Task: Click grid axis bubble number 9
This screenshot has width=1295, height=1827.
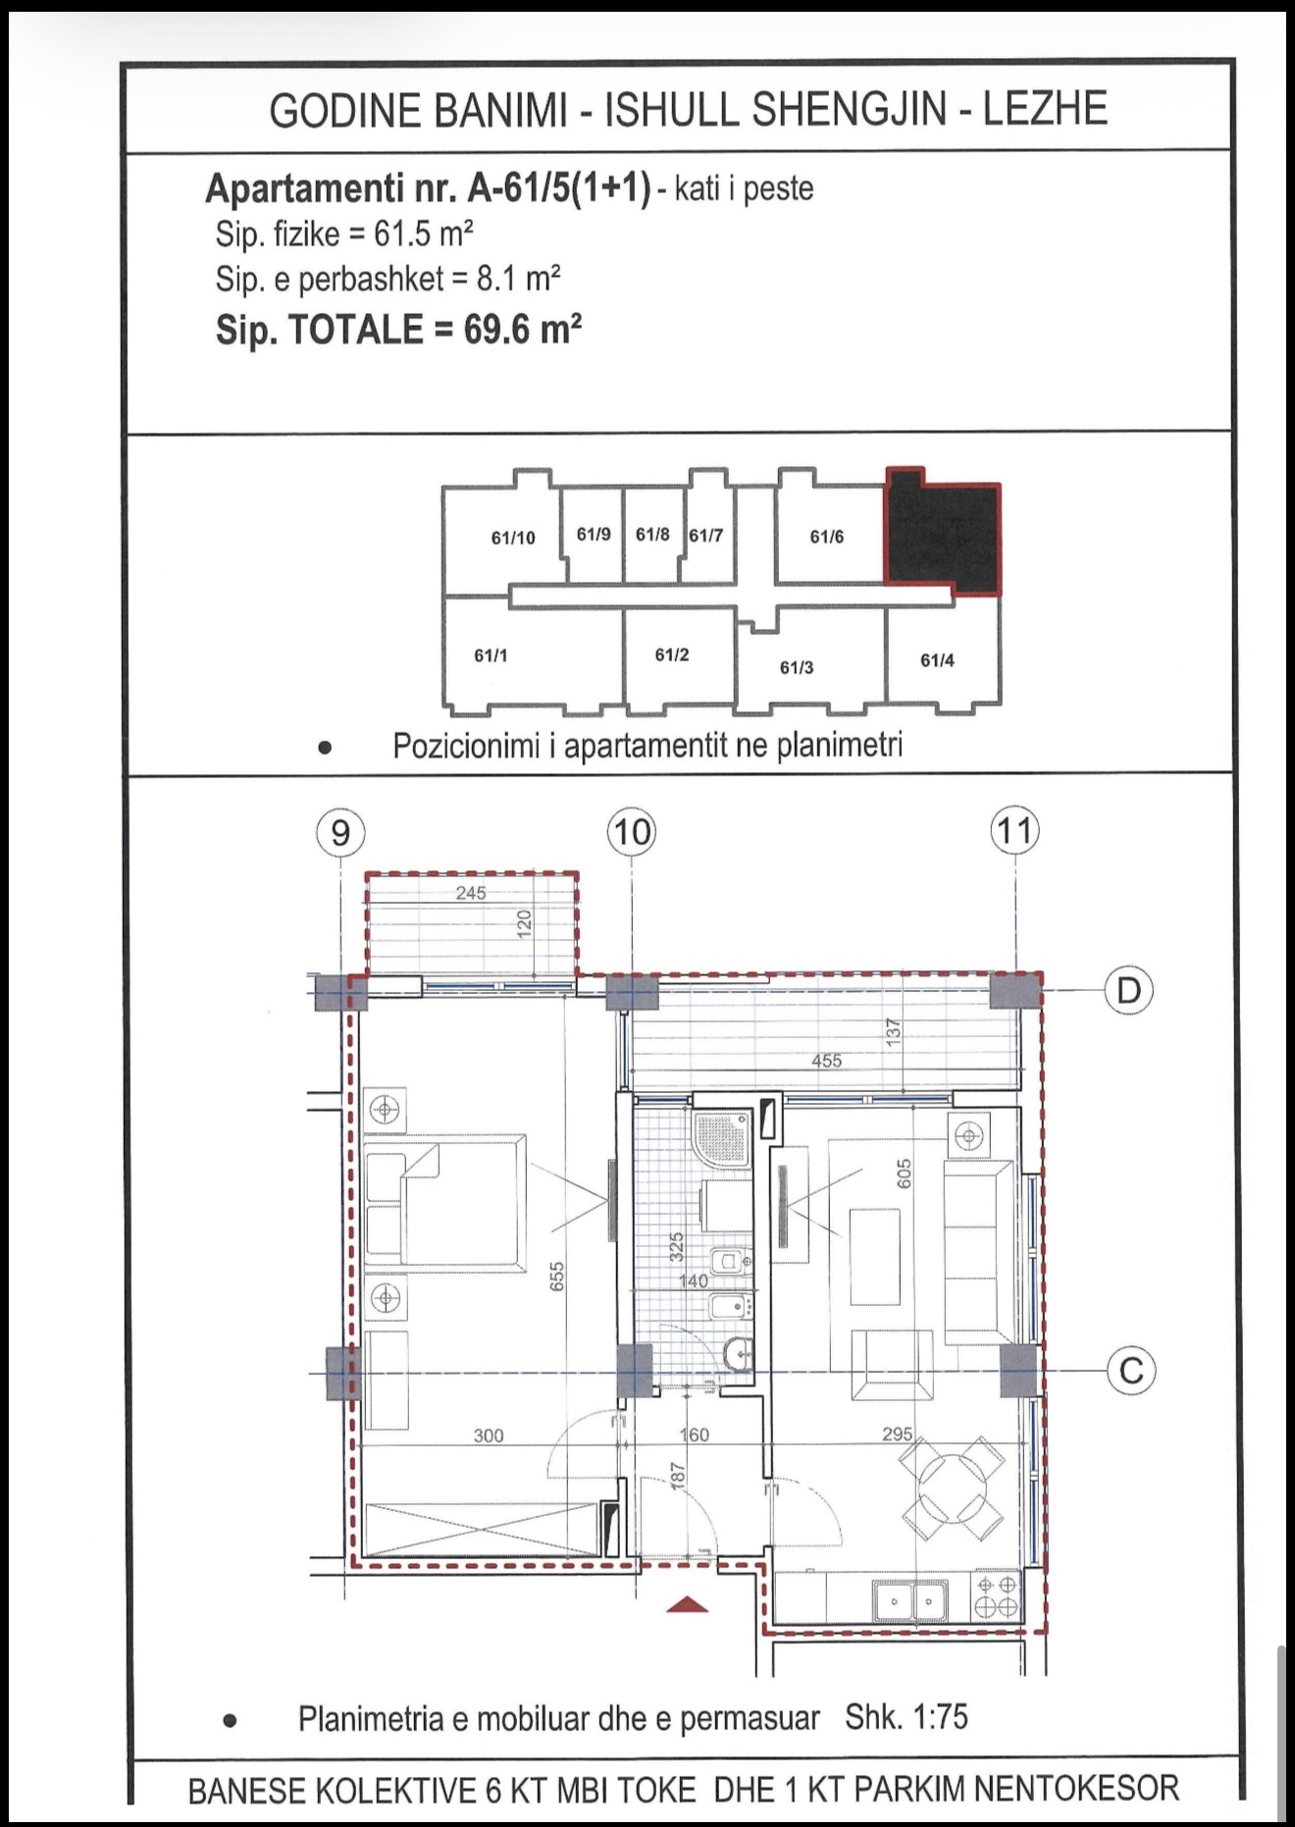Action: point(340,833)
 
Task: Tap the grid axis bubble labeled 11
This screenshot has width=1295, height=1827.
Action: point(1015,831)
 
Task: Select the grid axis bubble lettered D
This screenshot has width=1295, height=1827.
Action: point(1129,991)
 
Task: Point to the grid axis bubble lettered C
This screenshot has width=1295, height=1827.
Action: point(1131,1370)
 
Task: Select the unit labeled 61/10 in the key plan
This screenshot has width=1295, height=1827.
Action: point(513,538)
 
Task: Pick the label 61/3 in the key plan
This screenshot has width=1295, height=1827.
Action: point(797,667)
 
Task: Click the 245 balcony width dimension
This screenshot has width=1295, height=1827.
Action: point(471,893)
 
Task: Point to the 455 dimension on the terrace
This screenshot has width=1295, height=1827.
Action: point(826,1061)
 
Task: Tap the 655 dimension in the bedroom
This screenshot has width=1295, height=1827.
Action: point(556,1276)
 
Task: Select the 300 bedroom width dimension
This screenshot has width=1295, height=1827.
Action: point(489,1435)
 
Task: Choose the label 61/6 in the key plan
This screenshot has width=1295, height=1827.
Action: point(826,537)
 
